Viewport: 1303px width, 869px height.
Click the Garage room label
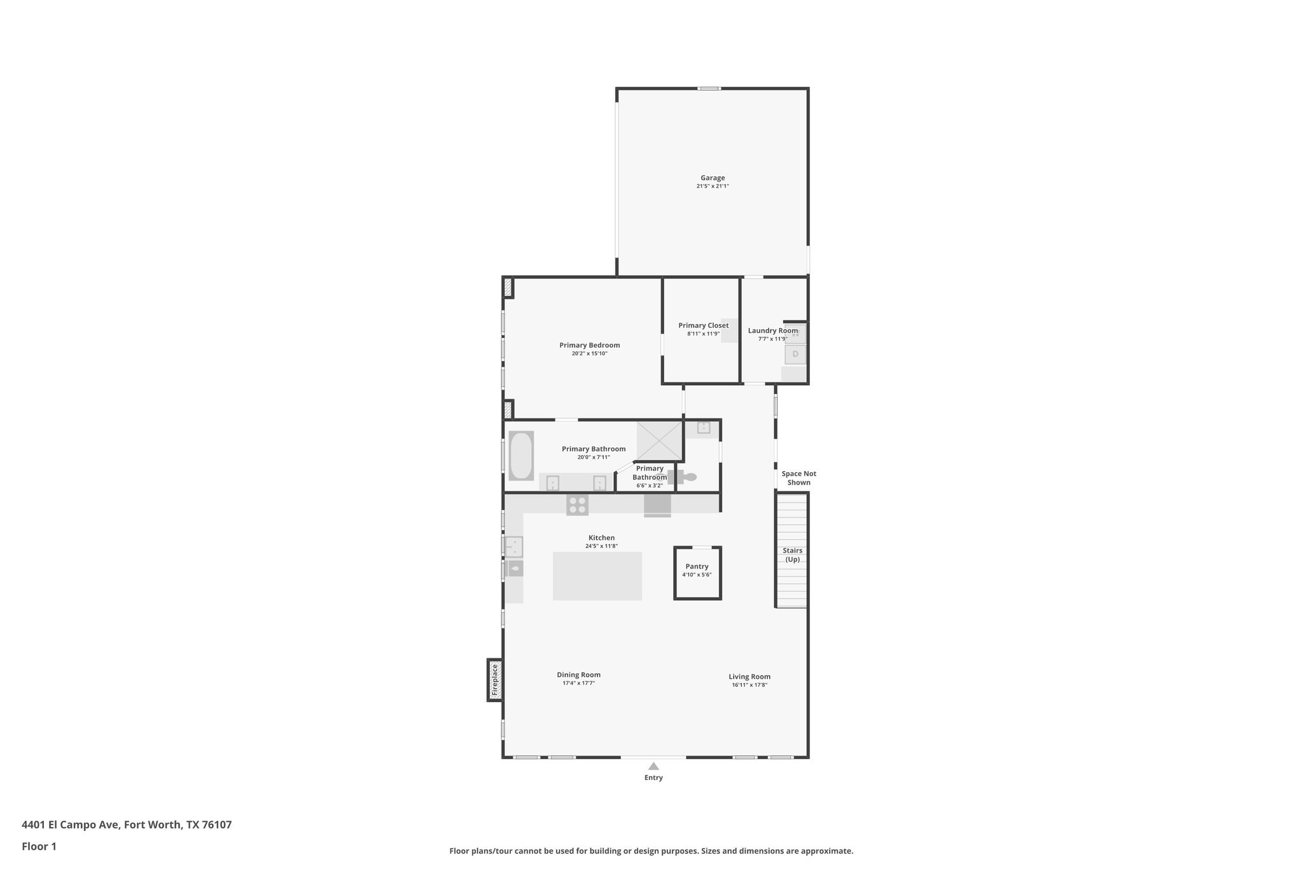click(x=713, y=178)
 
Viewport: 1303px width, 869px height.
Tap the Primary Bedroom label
click(x=590, y=345)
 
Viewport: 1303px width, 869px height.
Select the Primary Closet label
click(x=703, y=325)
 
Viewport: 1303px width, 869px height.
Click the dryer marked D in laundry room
click(x=795, y=354)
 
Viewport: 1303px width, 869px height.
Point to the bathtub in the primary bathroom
click(x=521, y=456)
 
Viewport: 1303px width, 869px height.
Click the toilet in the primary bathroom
click(x=684, y=477)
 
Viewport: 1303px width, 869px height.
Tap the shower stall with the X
click(x=660, y=441)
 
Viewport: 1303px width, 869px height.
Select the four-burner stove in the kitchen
click(x=578, y=505)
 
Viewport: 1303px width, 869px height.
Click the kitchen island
click(x=597, y=576)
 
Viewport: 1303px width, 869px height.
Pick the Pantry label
click(x=697, y=567)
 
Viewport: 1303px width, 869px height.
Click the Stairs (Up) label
click(x=793, y=555)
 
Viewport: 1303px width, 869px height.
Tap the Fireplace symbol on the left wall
click(x=495, y=680)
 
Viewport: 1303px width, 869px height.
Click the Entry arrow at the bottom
click(x=653, y=767)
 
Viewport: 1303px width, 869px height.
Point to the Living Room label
click(x=749, y=677)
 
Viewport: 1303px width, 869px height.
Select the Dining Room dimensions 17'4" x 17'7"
click(x=578, y=683)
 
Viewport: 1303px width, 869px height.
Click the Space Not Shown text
click(x=799, y=478)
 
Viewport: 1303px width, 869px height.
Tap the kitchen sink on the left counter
click(x=514, y=547)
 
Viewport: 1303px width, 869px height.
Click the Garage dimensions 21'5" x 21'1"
click(x=713, y=186)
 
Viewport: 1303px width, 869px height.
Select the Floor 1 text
click(x=39, y=846)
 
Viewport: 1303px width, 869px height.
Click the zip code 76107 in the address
click(x=217, y=824)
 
